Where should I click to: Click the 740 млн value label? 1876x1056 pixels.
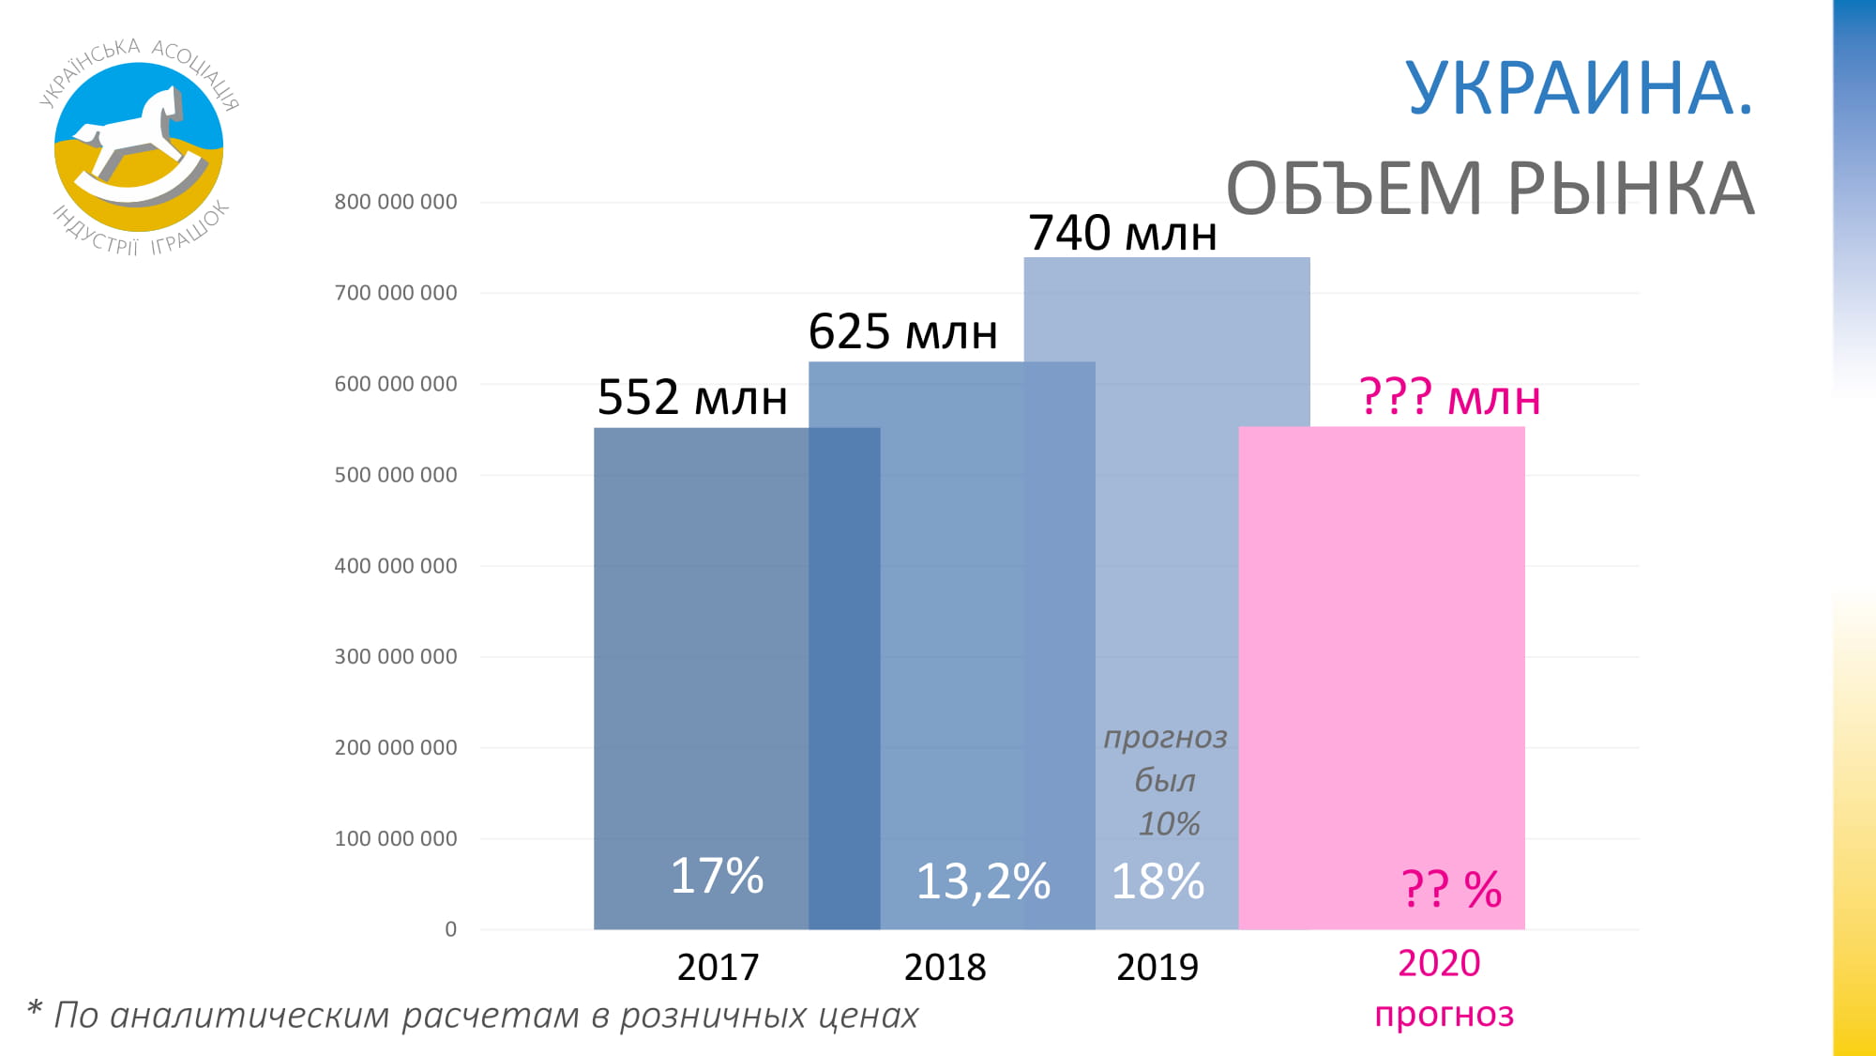click(1122, 233)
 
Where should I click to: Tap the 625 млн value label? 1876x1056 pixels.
click(902, 331)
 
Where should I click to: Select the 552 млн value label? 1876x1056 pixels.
click(692, 397)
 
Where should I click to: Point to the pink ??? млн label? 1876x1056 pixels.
click(1449, 397)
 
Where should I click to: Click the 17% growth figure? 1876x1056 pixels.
click(717, 876)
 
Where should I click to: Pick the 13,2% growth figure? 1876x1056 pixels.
click(982, 881)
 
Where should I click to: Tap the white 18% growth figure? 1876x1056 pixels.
click(1157, 881)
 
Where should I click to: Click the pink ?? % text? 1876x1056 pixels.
click(1451, 888)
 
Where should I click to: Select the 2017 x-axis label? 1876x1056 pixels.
click(718, 967)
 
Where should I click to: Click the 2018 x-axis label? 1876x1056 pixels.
click(945, 967)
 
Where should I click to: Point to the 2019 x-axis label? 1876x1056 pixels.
click(1157, 967)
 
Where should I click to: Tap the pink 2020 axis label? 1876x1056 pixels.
click(1439, 963)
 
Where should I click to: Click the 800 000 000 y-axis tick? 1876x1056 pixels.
click(396, 202)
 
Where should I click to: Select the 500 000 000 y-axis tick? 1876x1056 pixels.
click(396, 475)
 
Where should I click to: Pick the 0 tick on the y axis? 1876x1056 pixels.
click(451, 929)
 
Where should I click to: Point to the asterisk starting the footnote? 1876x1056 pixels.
click(35, 1009)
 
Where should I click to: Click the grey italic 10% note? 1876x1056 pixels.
click(1169, 824)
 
